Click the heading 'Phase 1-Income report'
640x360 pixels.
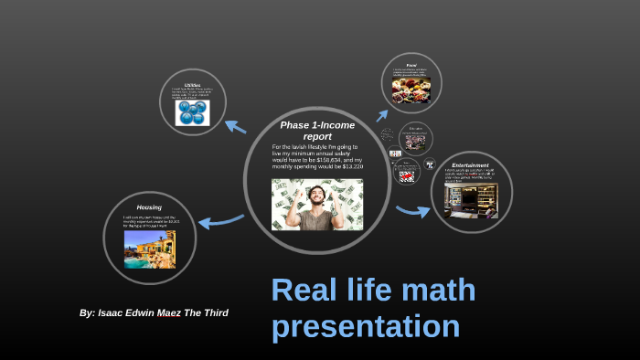(x=316, y=130)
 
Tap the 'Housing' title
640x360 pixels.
(x=149, y=207)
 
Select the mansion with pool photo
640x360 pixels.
(x=149, y=249)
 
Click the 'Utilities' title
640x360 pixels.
(x=192, y=83)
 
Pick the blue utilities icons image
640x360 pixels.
(x=193, y=112)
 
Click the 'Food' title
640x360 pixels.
(x=411, y=65)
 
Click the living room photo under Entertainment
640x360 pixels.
(x=471, y=200)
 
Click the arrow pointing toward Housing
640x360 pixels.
(x=219, y=220)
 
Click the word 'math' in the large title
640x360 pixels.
(x=431, y=291)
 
